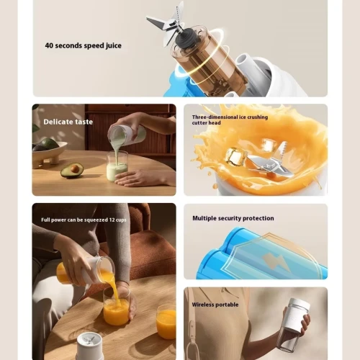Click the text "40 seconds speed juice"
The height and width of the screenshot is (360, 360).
tap(83, 45)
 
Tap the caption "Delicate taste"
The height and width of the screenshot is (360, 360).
tap(68, 122)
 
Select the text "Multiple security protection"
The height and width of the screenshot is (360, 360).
tap(233, 218)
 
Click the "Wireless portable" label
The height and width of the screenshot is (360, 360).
tap(215, 305)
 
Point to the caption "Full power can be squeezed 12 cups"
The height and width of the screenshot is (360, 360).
tap(84, 220)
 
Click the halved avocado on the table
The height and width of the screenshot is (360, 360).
tap(72, 170)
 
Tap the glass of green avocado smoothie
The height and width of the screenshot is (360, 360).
tap(117, 166)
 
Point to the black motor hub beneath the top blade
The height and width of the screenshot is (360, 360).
tap(186, 38)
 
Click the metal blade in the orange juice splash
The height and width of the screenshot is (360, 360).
tap(271, 161)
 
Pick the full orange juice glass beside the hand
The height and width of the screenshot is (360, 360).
tap(166, 322)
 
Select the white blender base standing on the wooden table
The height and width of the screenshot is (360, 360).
tap(90, 346)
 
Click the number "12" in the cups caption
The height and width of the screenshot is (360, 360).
tap(112, 220)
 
